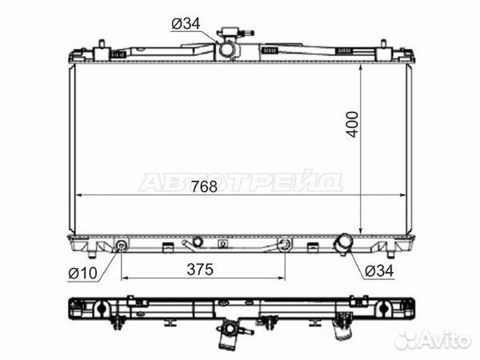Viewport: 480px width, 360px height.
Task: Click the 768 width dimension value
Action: coord(204,186)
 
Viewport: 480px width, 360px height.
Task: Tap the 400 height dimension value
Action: coord(352,124)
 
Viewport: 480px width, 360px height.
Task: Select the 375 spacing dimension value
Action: coord(200,270)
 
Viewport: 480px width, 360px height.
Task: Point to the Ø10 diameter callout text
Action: coord(82,273)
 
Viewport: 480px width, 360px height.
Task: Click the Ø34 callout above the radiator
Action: coord(186,23)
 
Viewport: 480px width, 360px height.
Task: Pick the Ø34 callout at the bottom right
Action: coord(379,270)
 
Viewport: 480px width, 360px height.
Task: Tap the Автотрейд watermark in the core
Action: coord(241,182)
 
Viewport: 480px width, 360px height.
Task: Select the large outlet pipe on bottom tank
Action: coord(342,243)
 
